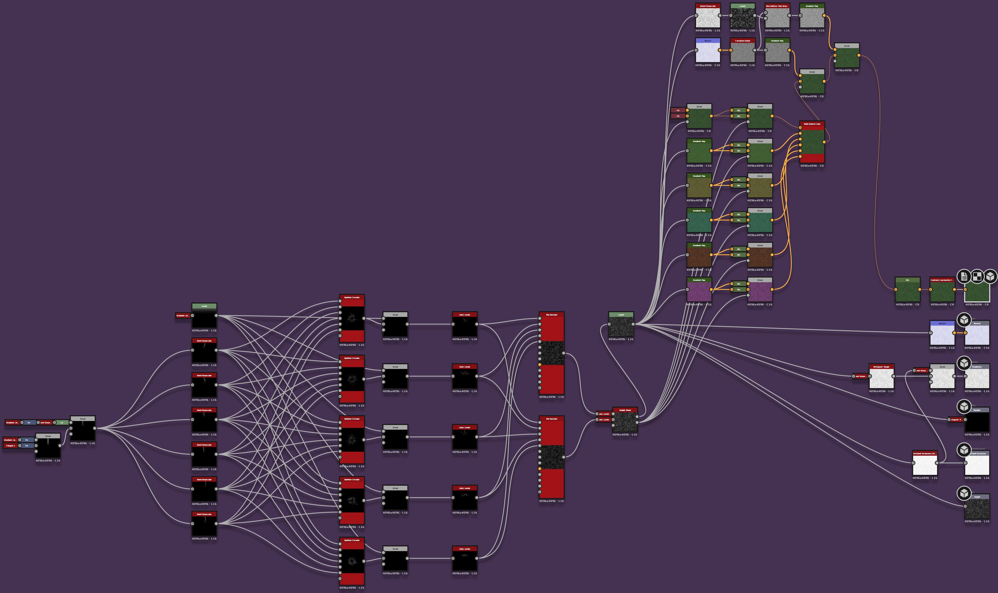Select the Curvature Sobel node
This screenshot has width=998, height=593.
coord(742,52)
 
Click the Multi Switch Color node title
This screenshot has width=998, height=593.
coord(812,124)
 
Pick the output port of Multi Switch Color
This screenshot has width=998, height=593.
coord(824,141)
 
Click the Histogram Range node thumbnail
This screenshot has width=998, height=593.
coord(881,378)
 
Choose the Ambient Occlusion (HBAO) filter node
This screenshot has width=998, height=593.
coord(925,465)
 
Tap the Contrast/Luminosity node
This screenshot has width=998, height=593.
coord(942,291)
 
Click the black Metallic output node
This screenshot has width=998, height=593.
coord(977,421)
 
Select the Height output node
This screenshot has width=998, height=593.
coord(977,508)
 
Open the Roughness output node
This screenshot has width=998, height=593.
coord(977,378)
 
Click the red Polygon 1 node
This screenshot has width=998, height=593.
coord(10,446)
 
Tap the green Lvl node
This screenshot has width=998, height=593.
coord(62,422)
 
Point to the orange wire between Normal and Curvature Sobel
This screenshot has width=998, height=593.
coord(725,50)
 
